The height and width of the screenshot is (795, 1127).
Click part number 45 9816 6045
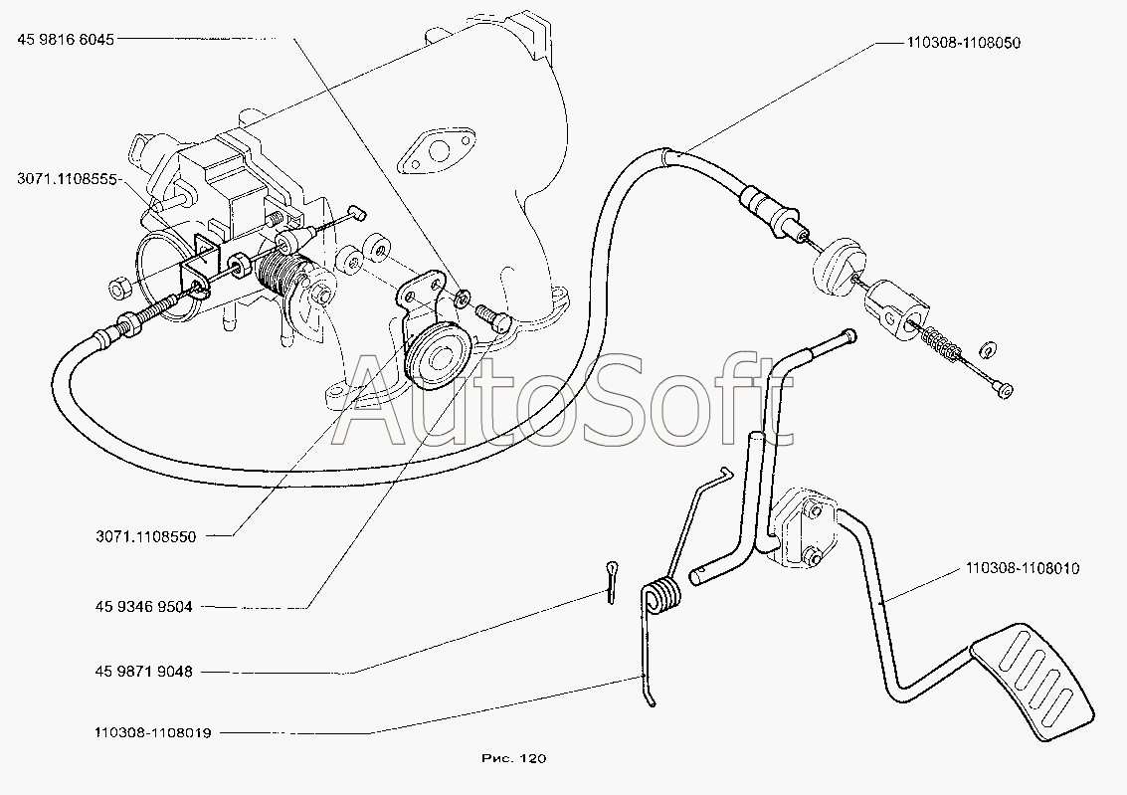pos(65,40)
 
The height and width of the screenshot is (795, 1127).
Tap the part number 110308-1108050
pos(963,44)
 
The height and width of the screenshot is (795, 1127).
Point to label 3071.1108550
pos(147,536)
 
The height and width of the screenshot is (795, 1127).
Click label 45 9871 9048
pos(144,672)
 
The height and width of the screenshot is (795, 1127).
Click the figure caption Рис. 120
pos(512,759)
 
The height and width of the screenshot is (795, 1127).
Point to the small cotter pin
pos(610,580)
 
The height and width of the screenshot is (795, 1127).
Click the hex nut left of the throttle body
pos(117,290)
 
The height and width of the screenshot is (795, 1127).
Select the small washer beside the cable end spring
pos(988,350)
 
